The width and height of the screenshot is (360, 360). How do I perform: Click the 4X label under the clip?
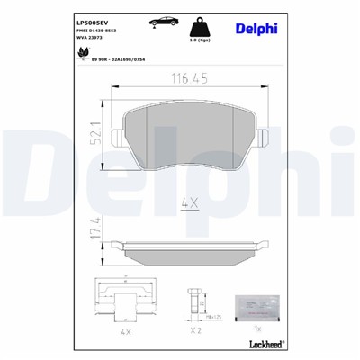point(125,331)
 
